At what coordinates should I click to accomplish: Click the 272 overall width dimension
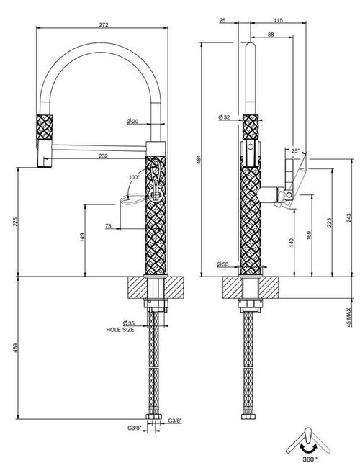(x=104, y=25)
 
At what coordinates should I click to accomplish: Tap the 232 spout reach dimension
(x=103, y=156)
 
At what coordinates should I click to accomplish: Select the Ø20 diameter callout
(x=132, y=121)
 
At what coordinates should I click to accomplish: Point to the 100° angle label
(x=134, y=177)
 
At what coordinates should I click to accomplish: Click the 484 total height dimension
(x=199, y=160)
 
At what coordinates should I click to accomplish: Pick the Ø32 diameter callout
(x=224, y=117)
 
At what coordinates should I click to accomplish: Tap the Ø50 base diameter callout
(x=222, y=264)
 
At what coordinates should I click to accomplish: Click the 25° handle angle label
(x=295, y=150)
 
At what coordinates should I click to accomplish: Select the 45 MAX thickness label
(x=349, y=317)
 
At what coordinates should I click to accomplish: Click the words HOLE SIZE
(x=120, y=330)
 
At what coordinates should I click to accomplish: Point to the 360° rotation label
(x=310, y=459)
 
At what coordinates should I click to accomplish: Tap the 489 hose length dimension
(x=15, y=348)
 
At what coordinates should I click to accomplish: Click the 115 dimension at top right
(x=278, y=20)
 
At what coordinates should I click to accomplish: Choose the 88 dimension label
(x=271, y=35)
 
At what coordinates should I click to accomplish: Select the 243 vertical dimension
(x=349, y=218)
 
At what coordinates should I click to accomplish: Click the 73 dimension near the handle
(x=109, y=226)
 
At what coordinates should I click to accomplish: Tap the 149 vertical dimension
(x=82, y=237)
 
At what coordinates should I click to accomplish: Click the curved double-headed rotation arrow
(x=308, y=447)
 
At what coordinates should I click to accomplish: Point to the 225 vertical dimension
(x=15, y=222)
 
